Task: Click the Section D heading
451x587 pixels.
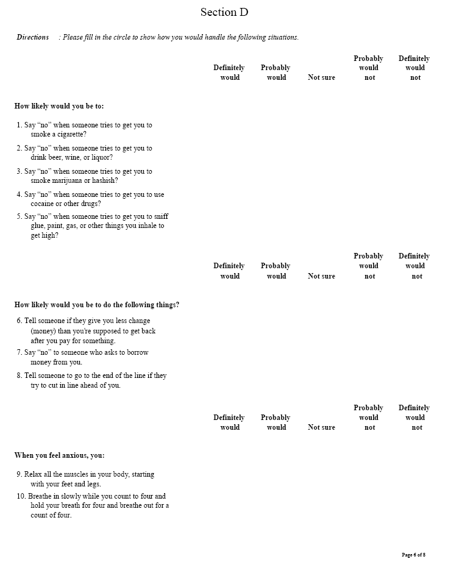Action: tap(224, 12)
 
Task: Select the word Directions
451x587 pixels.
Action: tap(32, 37)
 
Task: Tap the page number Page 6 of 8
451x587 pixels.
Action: tap(413, 555)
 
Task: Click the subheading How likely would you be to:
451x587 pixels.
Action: tap(59, 106)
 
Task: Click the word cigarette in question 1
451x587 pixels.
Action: tap(70, 134)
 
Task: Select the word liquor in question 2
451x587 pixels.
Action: tap(101, 157)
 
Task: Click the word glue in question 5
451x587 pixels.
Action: tap(37, 226)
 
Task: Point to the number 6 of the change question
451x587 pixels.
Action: tap(19, 321)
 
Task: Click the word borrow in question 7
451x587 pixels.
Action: tap(135, 352)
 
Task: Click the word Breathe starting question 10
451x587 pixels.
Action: tap(41, 496)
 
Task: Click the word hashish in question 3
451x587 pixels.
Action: tap(106, 180)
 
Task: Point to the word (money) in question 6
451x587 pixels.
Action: tap(44, 331)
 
